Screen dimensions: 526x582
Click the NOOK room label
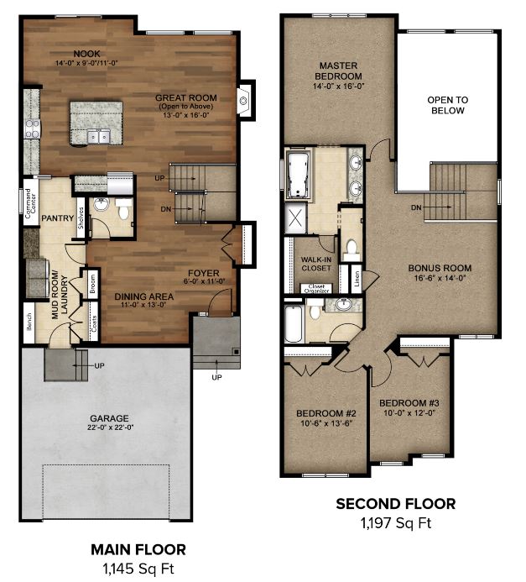86,54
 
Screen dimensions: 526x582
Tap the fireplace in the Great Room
245,100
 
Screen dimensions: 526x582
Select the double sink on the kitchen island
99,136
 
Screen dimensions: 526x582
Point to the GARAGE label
109,419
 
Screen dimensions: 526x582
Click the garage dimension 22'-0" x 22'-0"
110,427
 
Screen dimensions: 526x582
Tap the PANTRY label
57,218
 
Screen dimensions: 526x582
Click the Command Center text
31,203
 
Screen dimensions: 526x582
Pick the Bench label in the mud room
29,322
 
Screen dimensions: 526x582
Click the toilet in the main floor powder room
122,209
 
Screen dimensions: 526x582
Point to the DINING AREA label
143,296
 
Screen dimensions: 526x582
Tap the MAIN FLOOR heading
138,550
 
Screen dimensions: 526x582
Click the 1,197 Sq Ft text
396,523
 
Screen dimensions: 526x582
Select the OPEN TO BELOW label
448,106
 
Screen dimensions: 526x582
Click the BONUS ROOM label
440,268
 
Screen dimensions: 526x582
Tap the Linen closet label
357,279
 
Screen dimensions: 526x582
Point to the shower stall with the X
295,218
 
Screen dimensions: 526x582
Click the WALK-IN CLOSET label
316,264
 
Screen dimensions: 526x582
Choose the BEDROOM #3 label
409,403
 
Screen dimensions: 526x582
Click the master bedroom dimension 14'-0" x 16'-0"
339,87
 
